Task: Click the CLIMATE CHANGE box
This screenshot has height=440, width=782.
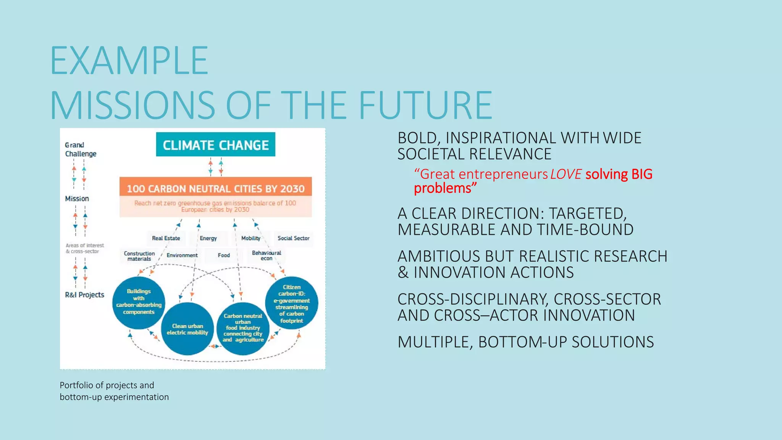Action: tap(216, 145)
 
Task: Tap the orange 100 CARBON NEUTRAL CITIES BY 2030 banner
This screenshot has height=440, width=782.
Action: tap(216, 188)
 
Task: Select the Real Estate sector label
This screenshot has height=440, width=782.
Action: tap(166, 238)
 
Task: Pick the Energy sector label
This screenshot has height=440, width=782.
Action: tap(208, 238)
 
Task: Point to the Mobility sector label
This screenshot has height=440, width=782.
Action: tap(251, 238)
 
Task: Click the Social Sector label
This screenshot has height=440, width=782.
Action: tap(293, 238)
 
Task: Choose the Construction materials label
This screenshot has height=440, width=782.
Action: tap(139, 256)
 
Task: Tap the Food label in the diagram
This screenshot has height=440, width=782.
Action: tap(224, 255)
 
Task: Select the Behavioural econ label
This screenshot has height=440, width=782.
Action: tap(267, 256)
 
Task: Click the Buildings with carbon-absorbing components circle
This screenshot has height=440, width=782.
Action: tap(139, 302)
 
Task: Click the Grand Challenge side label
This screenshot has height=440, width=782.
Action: tap(80, 149)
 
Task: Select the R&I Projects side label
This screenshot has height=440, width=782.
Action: tap(84, 295)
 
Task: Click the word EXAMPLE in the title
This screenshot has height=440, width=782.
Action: tap(129, 61)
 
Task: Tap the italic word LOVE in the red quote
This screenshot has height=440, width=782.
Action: tap(565, 175)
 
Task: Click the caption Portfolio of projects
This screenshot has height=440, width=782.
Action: tap(107, 385)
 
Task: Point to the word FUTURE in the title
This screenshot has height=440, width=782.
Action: tap(425, 105)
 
